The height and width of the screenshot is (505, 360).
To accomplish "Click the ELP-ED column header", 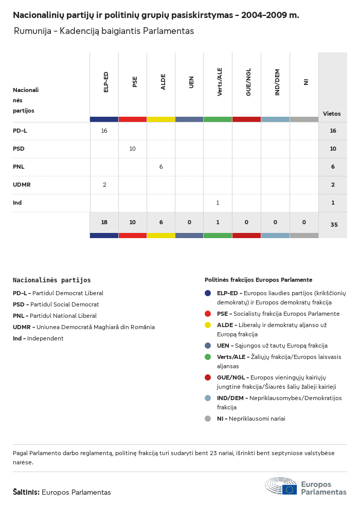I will [106, 82].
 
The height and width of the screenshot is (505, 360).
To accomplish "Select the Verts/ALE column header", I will [220, 82].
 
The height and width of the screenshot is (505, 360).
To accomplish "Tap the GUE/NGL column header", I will [248, 83].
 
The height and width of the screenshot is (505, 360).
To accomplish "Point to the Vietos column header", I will [332, 114].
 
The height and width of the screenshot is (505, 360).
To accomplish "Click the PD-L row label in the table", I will [20, 131].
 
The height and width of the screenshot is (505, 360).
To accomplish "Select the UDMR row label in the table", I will [23, 185].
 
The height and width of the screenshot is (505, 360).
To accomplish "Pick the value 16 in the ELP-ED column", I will [104, 131].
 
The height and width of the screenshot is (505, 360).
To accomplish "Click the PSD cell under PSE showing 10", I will [132, 149].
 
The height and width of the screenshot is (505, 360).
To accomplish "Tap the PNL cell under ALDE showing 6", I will [161, 167].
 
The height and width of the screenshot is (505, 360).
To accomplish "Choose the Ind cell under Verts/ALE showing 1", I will [218, 203].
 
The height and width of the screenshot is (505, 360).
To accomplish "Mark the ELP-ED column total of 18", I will [104, 222].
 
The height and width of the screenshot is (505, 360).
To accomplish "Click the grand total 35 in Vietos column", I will [333, 225].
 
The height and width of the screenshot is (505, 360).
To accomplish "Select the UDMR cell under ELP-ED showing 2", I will [104, 185].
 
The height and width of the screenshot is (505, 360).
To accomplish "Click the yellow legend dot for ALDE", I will [208, 325].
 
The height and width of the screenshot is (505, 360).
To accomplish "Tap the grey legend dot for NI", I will [208, 419].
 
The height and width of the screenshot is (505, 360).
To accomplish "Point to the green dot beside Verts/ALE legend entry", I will [208, 357].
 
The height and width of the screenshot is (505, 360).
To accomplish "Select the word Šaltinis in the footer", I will [26, 492].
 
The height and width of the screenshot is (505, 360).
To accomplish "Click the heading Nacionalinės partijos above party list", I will [51, 280].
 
